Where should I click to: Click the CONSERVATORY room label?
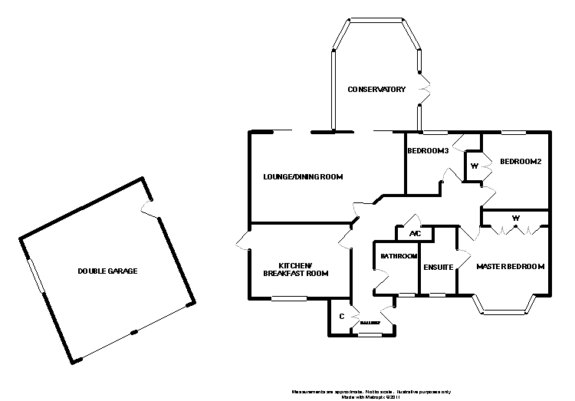coord(376,90)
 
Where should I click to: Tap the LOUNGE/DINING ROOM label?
coord(302,177)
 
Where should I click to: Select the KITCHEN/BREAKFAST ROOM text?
coord(295,268)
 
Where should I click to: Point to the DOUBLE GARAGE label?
coord(112,271)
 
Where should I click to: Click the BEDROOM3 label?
coord(427,150)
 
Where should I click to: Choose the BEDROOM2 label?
coord(521,162)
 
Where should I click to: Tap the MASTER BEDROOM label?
coord(510,267)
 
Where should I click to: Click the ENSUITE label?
coord(439,268)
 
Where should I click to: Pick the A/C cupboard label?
coord(415,233)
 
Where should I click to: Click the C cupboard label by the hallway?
coord(341,315)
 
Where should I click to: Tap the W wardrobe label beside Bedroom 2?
coord(474,166)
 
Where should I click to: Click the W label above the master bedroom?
coord(515,219)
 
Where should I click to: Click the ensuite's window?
coord(438,294)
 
